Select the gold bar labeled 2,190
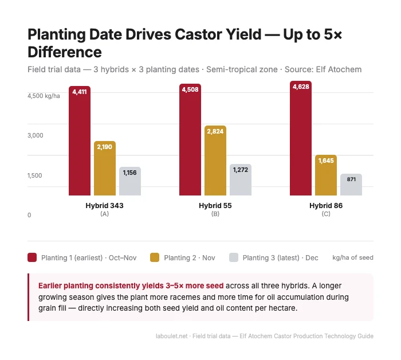(x=105, y=169)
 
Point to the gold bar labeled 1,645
(x=326, y=175)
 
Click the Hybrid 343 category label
(x=104, y=205)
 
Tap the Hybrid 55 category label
(x=215, y=205)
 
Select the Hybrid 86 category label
(x=326, y=205)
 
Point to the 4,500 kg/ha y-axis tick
(x=44, y=96)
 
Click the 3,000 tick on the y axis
(x=36, y=135)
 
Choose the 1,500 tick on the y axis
(x=36, y=175)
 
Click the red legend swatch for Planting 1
(x=33, y=257)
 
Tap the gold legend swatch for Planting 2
(x=155, y=257)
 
